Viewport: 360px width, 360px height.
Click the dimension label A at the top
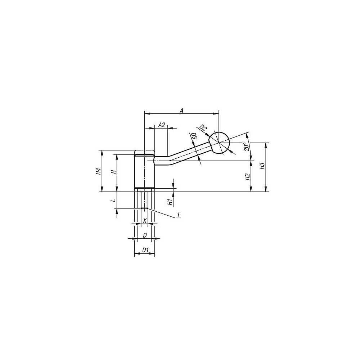(181, 111)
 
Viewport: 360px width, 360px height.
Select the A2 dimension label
(162, 125)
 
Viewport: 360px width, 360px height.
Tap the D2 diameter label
(203, 127)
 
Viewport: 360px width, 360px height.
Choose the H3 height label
(262, 166)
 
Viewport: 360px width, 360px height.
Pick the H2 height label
(247, 176)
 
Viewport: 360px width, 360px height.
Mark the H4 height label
(98, 171)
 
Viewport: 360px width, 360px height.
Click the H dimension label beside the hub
(113, 172)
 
